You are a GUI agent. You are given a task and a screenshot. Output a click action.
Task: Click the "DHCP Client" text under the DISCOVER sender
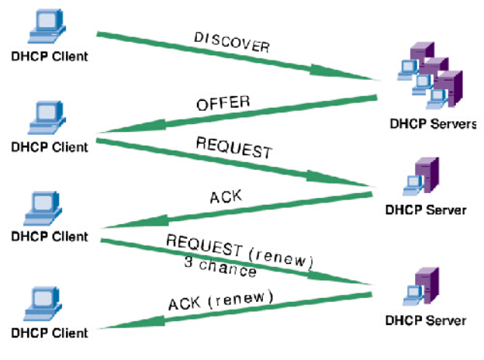pos(49,56)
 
